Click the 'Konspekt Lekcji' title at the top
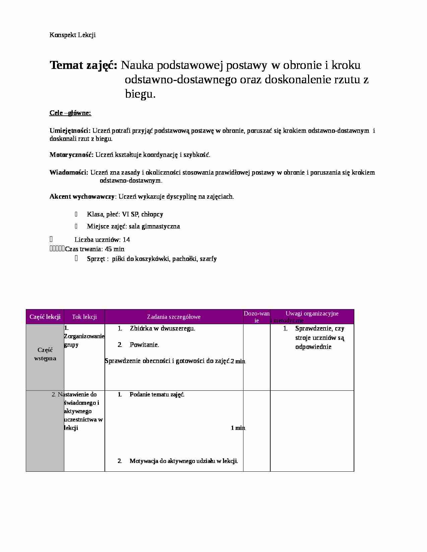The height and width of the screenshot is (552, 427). (72, 35)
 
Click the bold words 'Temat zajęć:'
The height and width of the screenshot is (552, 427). (83, 65)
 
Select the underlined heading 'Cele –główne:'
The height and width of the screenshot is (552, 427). (70, 113)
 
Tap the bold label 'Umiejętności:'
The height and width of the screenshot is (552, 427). (70, 130)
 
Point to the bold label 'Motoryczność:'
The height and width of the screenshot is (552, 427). (71, 155)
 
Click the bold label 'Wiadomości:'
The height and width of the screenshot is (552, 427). (69, 173)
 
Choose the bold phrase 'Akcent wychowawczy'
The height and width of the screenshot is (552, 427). (82, 196)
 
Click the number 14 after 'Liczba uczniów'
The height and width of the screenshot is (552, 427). (126, 240)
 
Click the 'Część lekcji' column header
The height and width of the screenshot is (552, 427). (45, 317)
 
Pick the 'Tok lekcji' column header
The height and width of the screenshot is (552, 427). (84, 317)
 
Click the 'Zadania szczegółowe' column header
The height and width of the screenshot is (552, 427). (174, 317)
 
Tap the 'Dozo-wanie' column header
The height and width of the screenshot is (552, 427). (257, 317)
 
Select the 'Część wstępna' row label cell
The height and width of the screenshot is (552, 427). (45, 354)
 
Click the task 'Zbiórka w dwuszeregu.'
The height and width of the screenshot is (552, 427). (162, 328)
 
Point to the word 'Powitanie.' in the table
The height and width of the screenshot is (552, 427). (144, 345)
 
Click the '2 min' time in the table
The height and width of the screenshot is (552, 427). (238, 361)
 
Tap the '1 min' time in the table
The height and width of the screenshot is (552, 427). (238, 428)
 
